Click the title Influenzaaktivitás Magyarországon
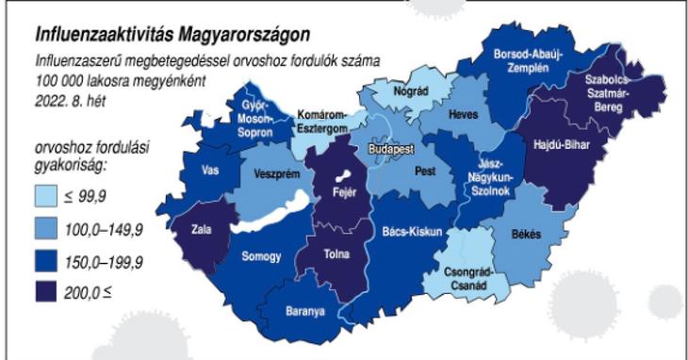tap(172, 36)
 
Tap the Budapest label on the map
tap(393, 150)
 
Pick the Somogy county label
tap(260, 255)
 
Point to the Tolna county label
tap(336, 254)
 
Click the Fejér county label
tap(335, 194)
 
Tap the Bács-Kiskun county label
tap(413, 231)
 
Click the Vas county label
tap(211, 171)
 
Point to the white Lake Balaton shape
tap(273, 220)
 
